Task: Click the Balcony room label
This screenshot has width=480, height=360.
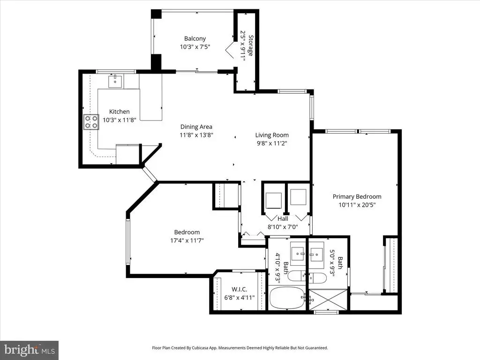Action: click(x=195, y=38)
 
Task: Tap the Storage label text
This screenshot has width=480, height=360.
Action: click(x=251, y=45)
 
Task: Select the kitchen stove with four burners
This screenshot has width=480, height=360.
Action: click(x=91, y=122)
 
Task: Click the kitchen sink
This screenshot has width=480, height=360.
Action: click(x=115, y=81)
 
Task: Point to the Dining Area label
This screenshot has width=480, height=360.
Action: click(x=196, y=127)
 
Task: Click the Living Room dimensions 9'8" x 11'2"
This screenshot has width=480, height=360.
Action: click(x=272, y=143)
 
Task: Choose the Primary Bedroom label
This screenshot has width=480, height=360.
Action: click(x=357, y=196)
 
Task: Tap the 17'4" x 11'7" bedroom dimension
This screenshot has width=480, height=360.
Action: click(x=187, y=240)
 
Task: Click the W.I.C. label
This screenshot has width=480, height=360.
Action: click(x=240, y=289)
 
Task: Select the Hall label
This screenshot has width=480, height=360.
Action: click(x=283, y=218)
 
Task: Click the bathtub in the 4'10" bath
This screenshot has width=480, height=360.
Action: click(x=287, y=298)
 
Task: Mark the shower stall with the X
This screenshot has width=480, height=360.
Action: click(x=328, y=299)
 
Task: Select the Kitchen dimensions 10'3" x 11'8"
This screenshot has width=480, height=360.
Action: click(x=120, y=120)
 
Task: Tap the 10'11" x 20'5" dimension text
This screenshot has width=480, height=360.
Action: click(x=357, y=205)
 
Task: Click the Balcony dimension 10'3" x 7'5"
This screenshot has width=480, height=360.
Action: click(x=195, y=47)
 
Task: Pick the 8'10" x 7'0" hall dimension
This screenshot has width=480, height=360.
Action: click(x=283, y=227)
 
